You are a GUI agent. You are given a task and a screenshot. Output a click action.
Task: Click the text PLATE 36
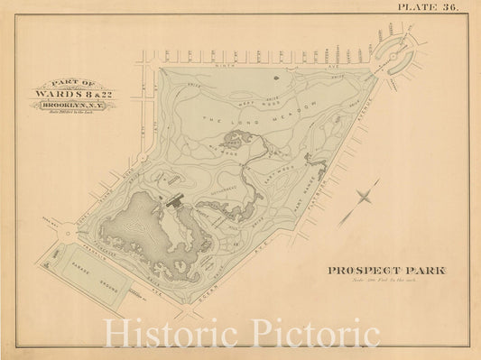[x=429, y=7]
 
